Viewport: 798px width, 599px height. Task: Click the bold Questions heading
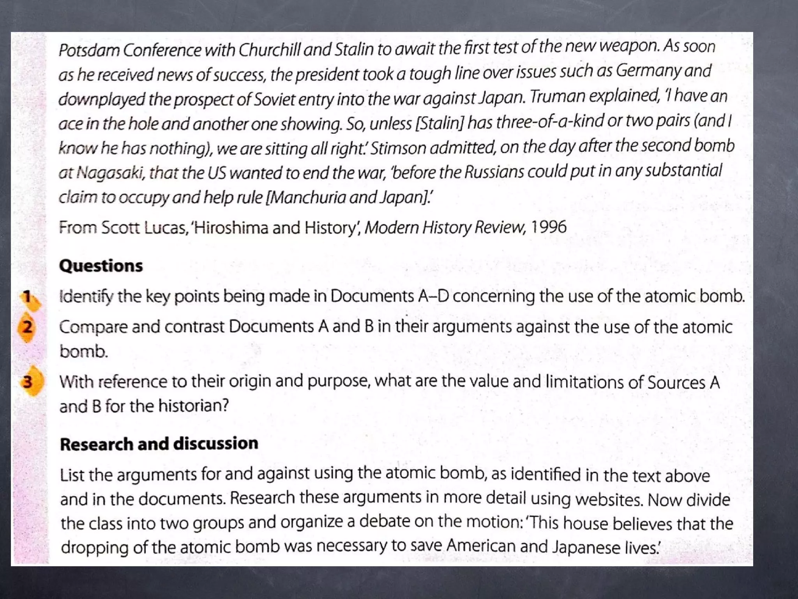tap(101, 266)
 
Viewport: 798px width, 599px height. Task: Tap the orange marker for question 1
tap(30, 299)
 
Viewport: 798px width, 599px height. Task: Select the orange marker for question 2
tap(26, 327)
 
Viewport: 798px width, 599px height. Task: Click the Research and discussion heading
tap(159, 444)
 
